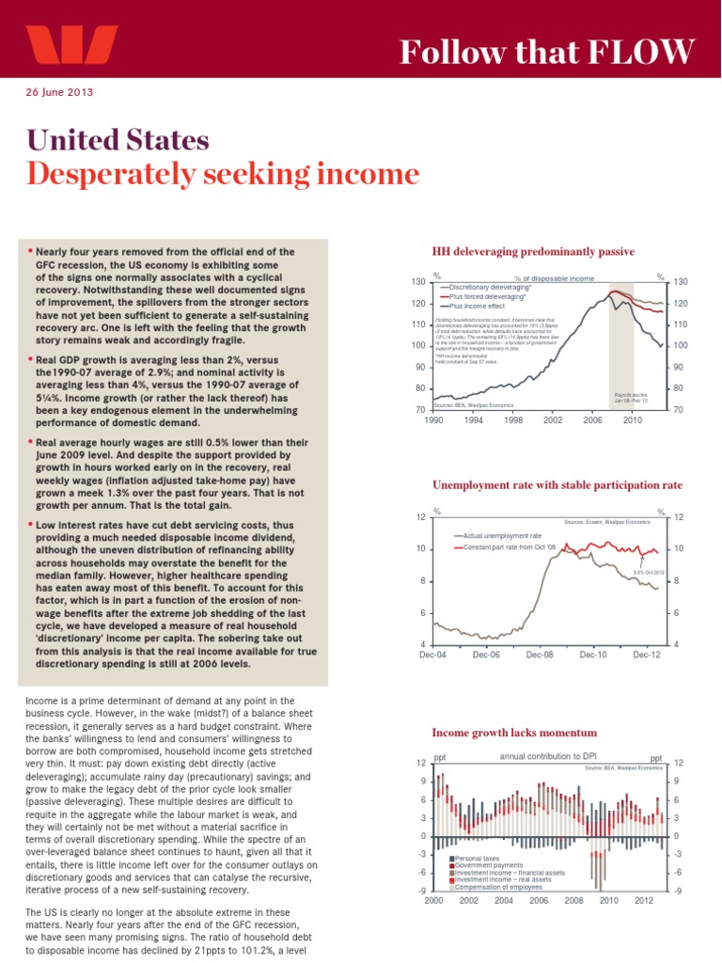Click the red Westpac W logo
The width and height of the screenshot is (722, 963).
[x=71, y=44]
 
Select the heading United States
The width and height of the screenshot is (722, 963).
[x=118, y=141]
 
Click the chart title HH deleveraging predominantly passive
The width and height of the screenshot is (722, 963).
[x=533, y=252]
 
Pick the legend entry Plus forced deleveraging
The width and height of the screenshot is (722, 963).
[x=486, y=295]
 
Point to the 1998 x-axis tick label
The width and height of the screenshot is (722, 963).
[x=512, y=420]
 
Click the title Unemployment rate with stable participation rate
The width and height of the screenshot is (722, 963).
[x=557, y=485]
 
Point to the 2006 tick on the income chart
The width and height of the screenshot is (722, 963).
[x=539, y=900]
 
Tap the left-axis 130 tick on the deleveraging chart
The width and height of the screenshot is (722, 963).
[x=419, y=283]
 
